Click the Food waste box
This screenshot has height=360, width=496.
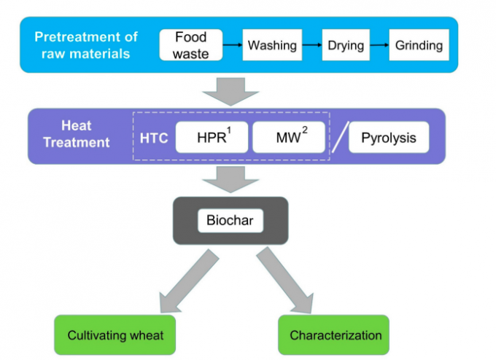[190, 45]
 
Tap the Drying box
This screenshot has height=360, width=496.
[346, 45]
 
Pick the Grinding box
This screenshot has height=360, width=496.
[419, 45]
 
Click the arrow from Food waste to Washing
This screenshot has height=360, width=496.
[232, 45]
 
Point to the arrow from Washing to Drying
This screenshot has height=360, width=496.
[312, 45]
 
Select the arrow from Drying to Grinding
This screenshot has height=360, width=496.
[379, 45]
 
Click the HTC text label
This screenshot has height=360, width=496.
[155, 137]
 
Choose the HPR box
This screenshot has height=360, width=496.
[212, 137]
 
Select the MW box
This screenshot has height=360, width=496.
[288, 137]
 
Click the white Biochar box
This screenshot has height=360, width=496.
[230, 219]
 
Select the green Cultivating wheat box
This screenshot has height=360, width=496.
[115, 335]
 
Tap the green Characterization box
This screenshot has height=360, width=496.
[335, 335]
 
